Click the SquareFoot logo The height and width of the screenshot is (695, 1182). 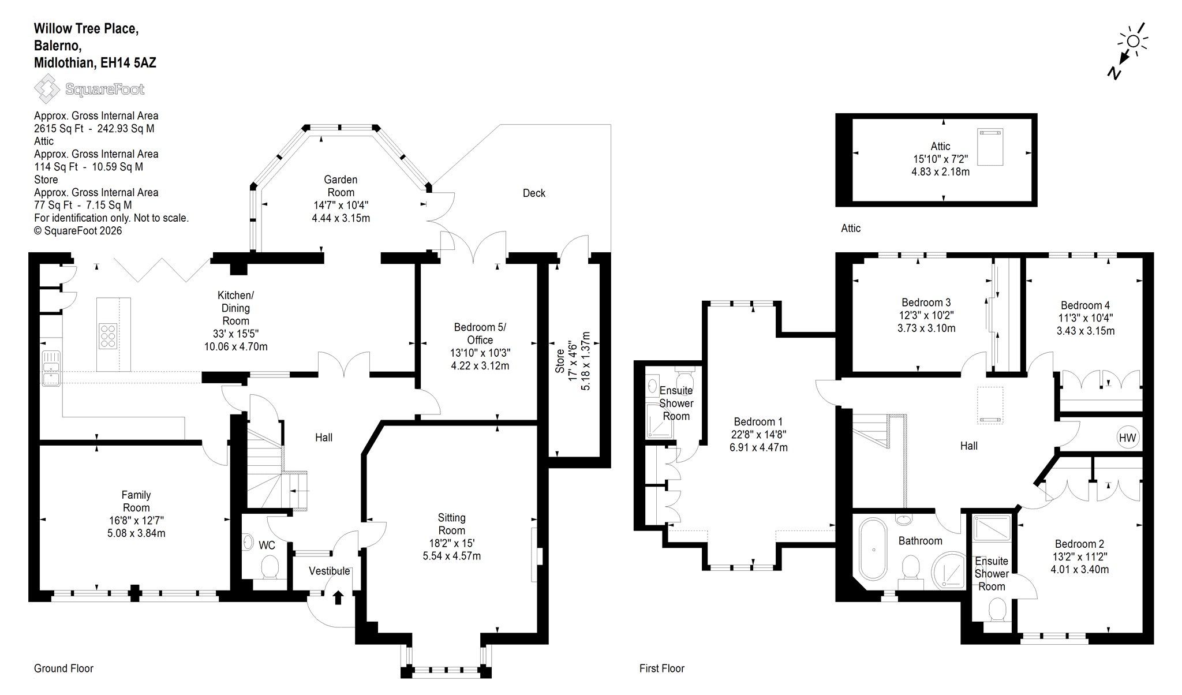point(89,89)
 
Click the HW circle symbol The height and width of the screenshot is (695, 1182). point(1127,438)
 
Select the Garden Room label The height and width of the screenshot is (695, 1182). point(341,186)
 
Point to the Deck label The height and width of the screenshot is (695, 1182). point(534,193)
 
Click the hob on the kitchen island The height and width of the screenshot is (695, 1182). point(107,335)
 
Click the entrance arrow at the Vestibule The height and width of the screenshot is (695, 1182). point(338,597)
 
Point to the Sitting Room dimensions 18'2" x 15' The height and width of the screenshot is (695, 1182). point(451,543)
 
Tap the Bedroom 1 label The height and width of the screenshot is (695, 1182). point(758,422)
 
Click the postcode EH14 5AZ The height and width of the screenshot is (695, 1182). point(128,63)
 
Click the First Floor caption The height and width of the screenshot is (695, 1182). point(662,668)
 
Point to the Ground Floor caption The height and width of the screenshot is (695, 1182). point(63,668)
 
